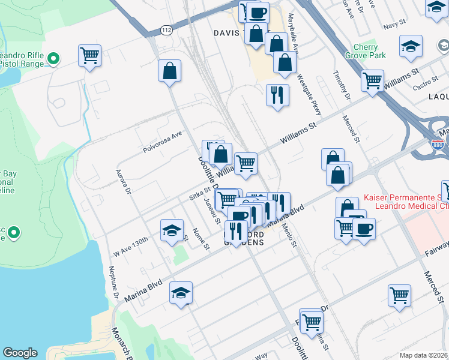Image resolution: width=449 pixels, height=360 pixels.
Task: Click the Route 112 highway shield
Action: coord(166,30)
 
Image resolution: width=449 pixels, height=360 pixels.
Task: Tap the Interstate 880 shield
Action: coord(438,145)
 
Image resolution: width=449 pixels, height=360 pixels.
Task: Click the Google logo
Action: coord(20,353)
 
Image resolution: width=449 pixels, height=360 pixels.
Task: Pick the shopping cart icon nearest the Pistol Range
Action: coord(89,56)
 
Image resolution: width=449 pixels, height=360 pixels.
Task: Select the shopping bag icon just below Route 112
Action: coord(170,71)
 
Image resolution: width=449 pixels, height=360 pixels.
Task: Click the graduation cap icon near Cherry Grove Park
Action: coord(411,46)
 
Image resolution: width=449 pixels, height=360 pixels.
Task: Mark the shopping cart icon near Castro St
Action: coord(373,80)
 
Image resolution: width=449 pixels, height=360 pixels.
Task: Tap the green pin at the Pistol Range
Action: coord(53,59)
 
